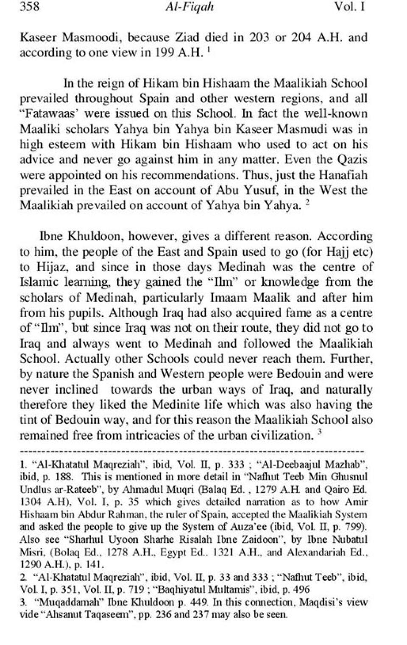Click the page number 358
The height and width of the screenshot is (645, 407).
pos(30,7)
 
